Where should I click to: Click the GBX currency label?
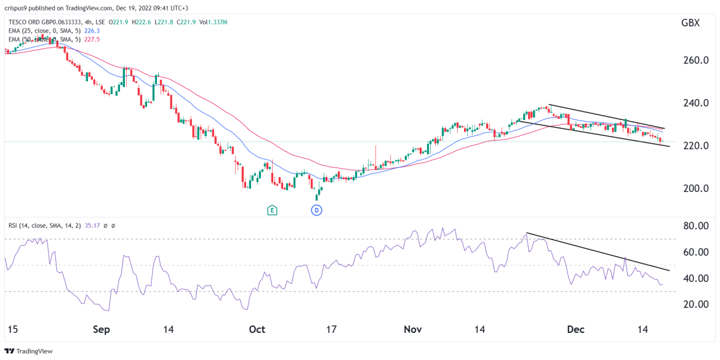[x=690, y=23]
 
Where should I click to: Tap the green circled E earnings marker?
[x=271, y=210]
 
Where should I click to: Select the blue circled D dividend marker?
[x=317, y=210]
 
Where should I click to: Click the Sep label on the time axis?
[x=101, y=330]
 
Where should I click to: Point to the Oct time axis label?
[x=257, y=330]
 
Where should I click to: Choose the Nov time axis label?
[x=412, y=330]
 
